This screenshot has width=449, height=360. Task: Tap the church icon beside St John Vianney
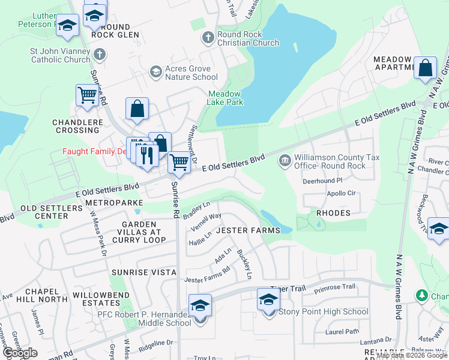click(x=100, y=55)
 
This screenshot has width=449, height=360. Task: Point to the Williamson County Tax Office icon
click(x=285, y=161)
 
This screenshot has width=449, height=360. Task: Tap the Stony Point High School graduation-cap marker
click(x=268, y=299)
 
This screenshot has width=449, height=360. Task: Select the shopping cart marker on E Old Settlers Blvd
click(x=179, y=161)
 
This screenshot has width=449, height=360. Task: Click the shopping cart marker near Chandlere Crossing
click(x=87, y=95)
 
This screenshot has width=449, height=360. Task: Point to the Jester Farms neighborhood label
click(x=248, y=230)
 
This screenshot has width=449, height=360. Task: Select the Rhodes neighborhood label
click(x=333, y=213)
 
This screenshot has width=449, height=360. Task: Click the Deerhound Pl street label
click(x=322, y=180)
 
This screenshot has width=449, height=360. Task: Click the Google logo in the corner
click(x=20, y=353)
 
